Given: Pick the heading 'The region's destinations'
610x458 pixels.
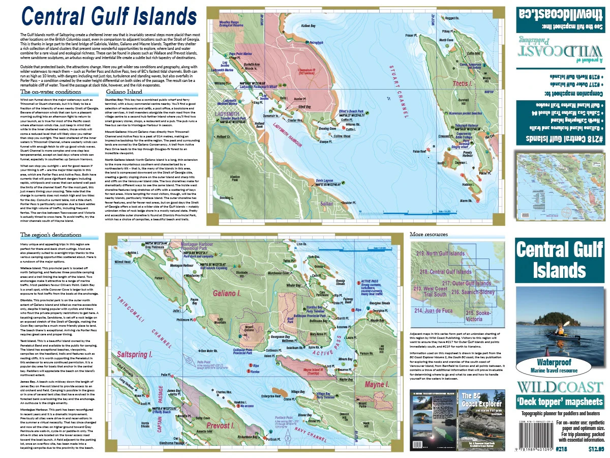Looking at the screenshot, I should pos(51,235).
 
